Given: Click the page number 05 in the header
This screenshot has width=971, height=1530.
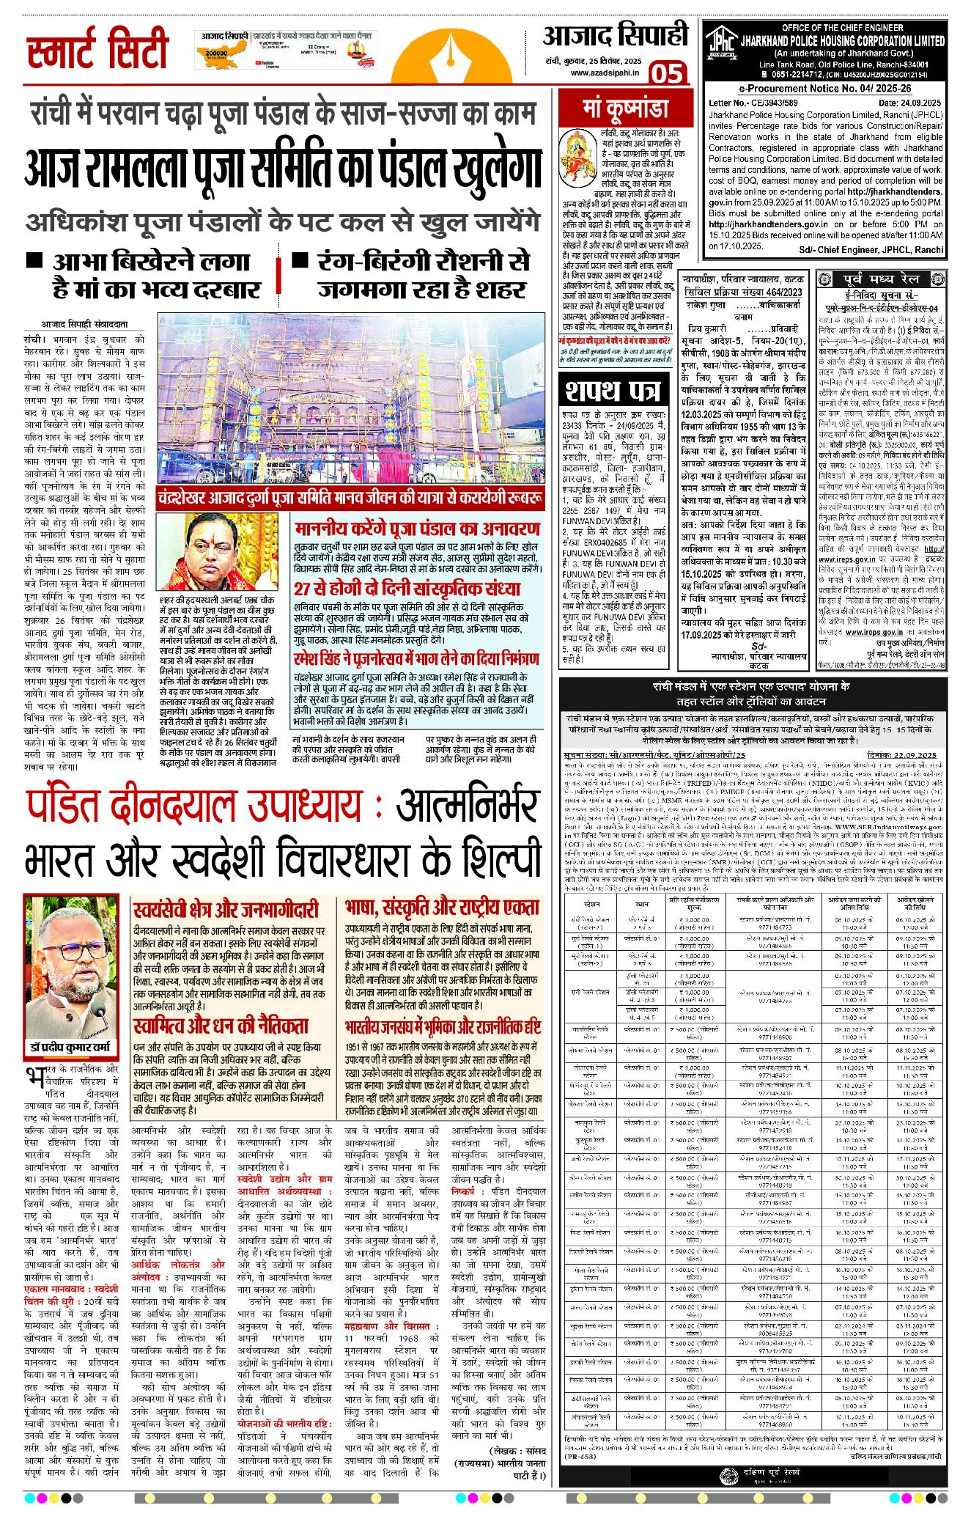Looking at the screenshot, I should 666,73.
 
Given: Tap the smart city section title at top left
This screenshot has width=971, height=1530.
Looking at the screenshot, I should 97,51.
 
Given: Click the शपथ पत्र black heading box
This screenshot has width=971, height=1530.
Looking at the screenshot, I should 610,391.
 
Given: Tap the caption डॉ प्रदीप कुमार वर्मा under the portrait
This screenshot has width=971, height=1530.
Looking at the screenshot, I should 70,1048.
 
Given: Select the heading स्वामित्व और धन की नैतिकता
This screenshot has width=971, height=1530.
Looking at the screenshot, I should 221,1025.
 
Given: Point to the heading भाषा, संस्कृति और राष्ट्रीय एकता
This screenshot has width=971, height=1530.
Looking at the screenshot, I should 441,908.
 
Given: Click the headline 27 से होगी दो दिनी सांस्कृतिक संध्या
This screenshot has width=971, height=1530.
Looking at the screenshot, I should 407,589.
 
